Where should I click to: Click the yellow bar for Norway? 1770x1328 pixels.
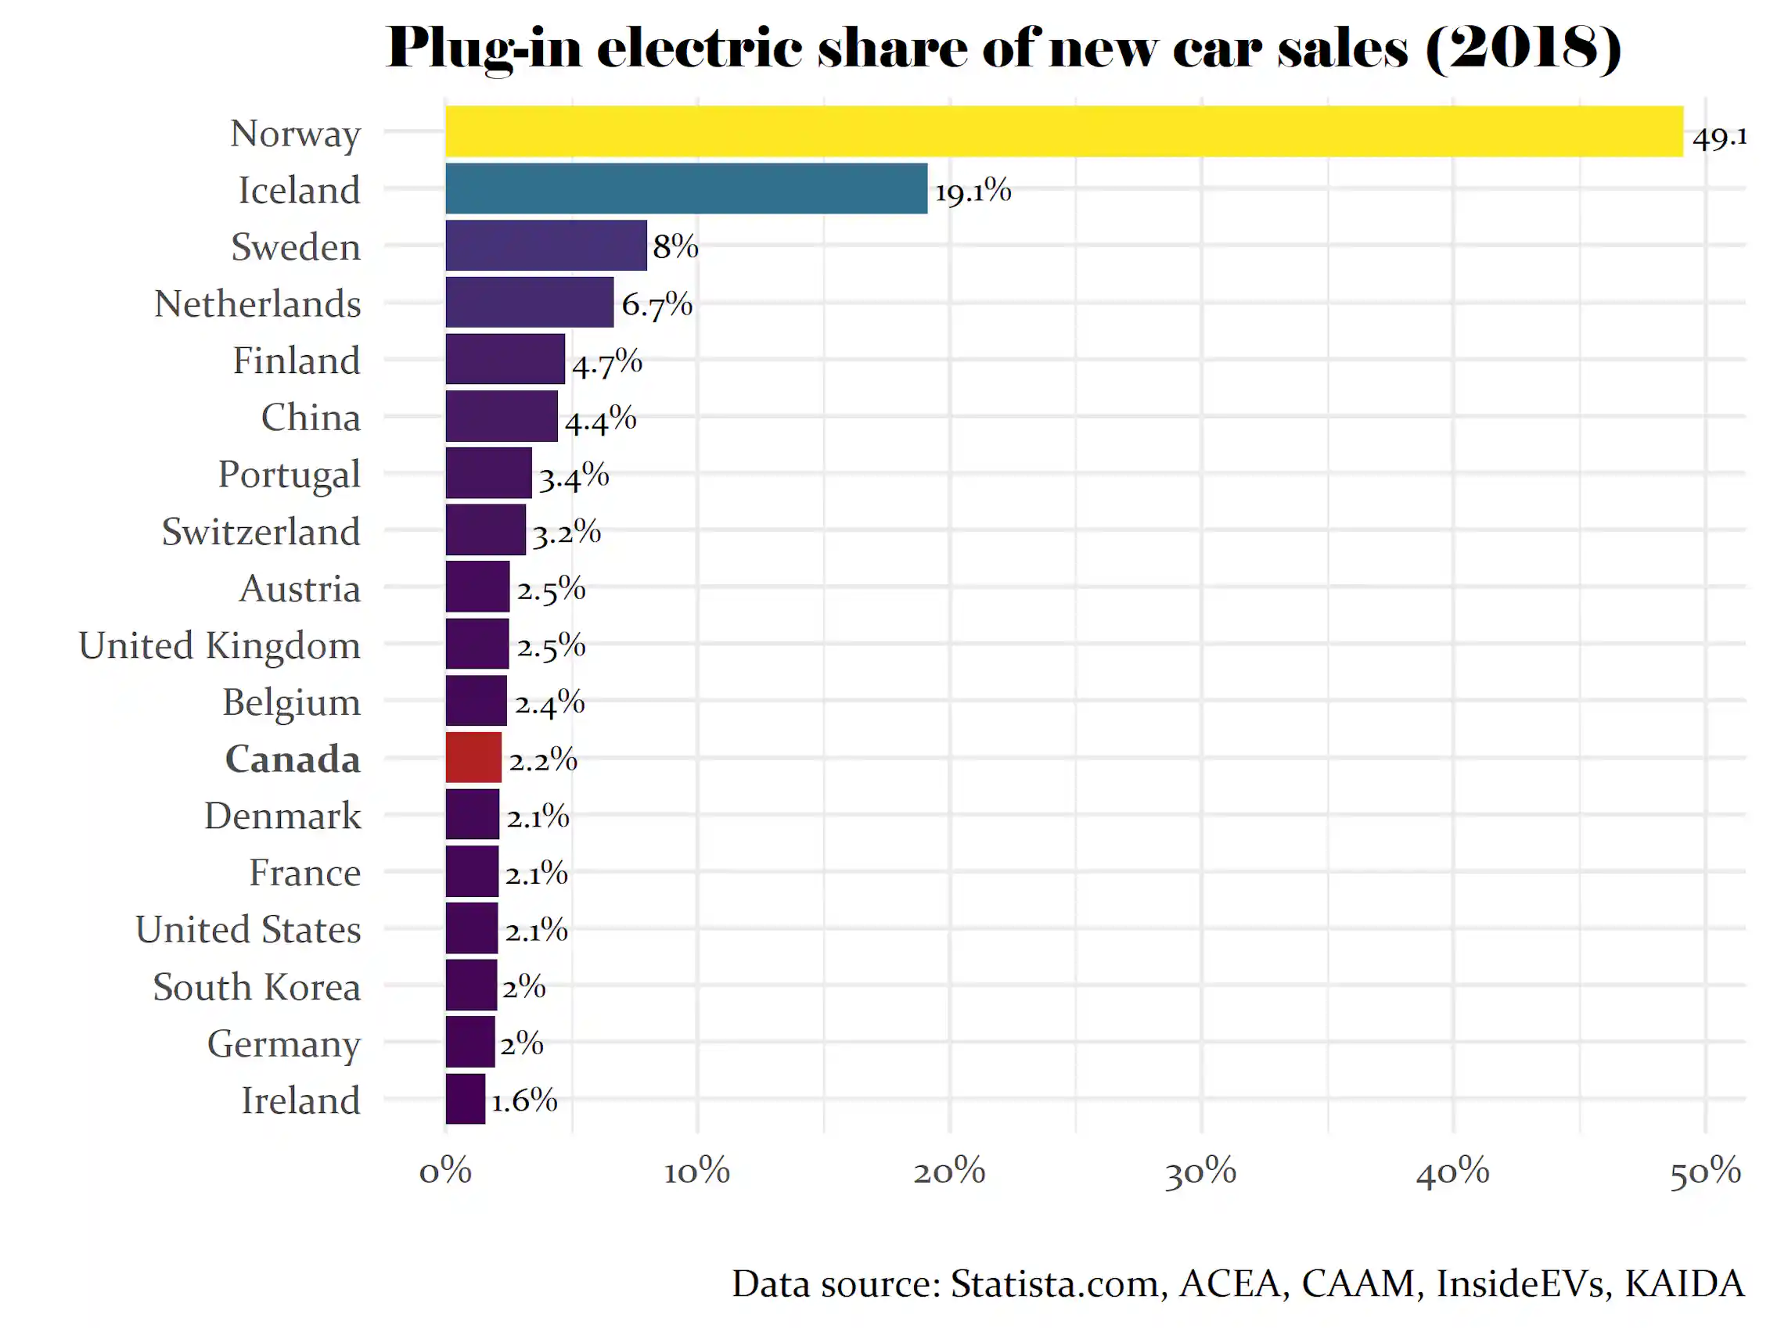point(1064,131)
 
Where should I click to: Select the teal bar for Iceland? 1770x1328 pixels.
point(686,188)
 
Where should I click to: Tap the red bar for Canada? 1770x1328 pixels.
point(473,758)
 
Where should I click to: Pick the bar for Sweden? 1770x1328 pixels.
point(546,246)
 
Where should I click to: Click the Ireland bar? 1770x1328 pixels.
point(466,1099)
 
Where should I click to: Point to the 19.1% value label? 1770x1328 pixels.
point(973,191)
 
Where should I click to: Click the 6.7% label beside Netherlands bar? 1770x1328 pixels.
point(657,305)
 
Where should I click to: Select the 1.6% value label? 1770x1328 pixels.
point(524,1100)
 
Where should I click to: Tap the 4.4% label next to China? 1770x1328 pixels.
point(601,419)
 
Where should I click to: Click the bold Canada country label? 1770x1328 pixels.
point(293,759)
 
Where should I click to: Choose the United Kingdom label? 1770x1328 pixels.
point(220,645)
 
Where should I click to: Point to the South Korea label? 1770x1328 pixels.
point(257,987)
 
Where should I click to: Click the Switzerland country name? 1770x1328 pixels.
point(261,532)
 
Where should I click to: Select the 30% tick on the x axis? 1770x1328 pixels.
point(1200,1173)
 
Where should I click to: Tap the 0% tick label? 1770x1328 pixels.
point(446,1173)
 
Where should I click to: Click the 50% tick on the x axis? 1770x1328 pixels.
point(1705,1173)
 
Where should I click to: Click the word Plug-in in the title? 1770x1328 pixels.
point(485,48)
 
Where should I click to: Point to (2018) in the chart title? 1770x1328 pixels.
point(1524,48)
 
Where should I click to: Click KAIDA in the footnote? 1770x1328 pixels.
point(1685,1284)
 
